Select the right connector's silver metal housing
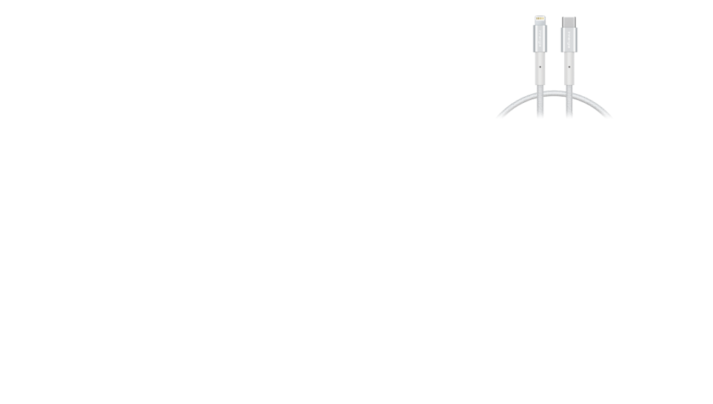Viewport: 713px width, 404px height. (x=569, y=39)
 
